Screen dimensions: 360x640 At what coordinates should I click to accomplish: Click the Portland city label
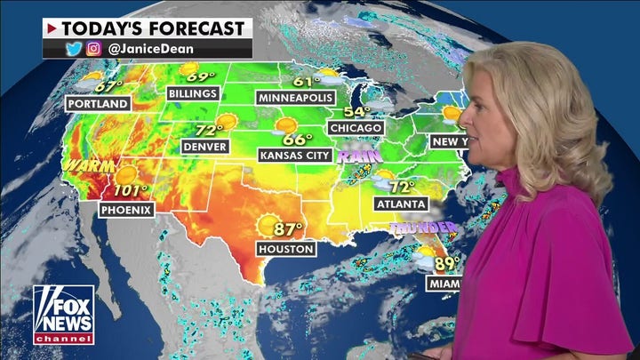coord(98,103)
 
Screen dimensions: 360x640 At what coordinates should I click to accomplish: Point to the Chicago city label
coord(356,127)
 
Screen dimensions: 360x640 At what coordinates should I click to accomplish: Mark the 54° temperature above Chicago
coord(357,111)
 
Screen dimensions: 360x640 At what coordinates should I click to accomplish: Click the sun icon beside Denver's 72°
coord(227,122)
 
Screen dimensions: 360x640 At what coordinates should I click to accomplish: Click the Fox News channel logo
coord(63,314)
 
